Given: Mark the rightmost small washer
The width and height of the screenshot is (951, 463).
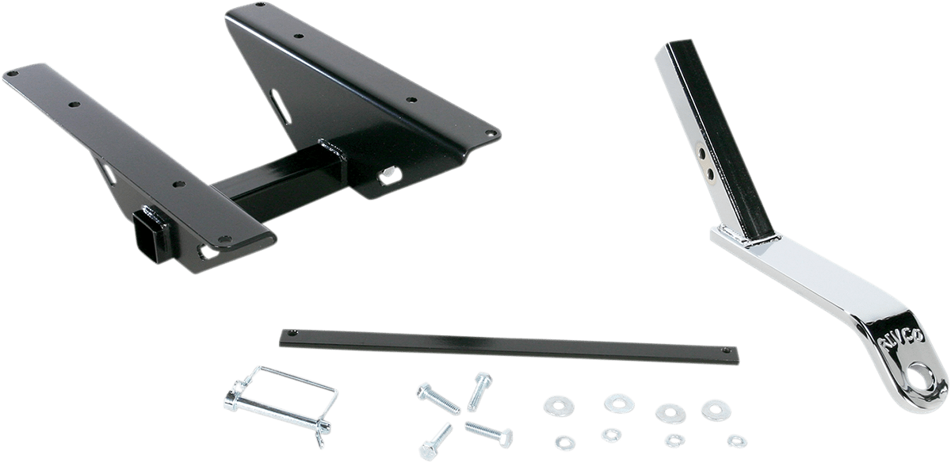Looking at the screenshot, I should pyautogui.click(x=735, y=438).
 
